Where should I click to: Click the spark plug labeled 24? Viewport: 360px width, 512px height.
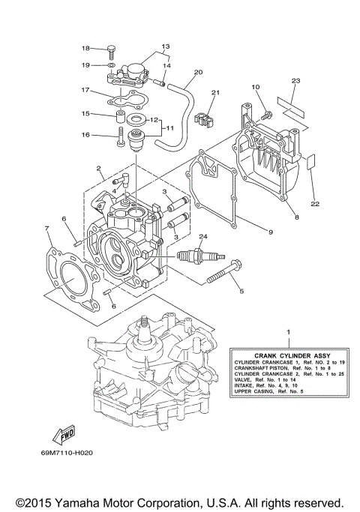pyautogui.click(x=187, y=257)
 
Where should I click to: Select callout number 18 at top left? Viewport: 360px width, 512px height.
pyautogui.click(x=85, y=48)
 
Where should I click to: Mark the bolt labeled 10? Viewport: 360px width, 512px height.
pyautogui.click(x=265, y=114)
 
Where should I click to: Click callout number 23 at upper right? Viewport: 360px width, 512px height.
pyautogui.click(x=296, y=80)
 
